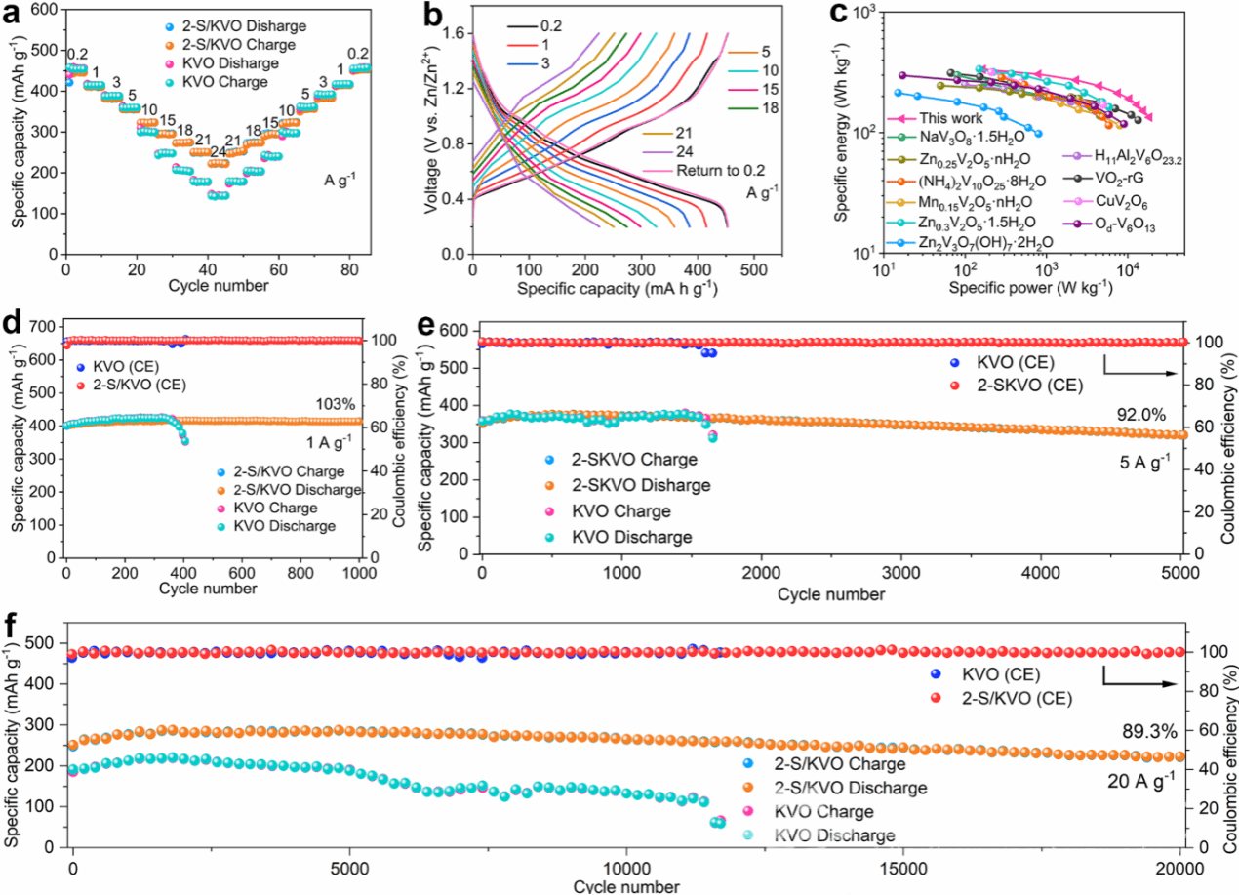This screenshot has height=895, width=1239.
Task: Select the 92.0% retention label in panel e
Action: (1141, 415)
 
